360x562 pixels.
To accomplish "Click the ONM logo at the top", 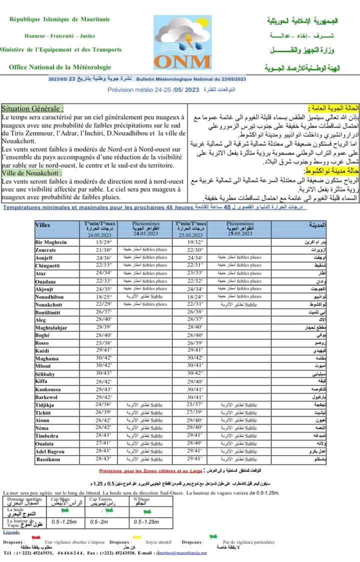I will point(182,42).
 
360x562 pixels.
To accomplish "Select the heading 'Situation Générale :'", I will point(33,108).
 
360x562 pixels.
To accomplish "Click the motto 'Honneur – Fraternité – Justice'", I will point(59,36).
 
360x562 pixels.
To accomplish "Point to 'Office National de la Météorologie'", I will point(59,67).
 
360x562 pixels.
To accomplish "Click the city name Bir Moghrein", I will point(51,242).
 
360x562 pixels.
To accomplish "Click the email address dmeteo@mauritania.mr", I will point(181,553).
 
